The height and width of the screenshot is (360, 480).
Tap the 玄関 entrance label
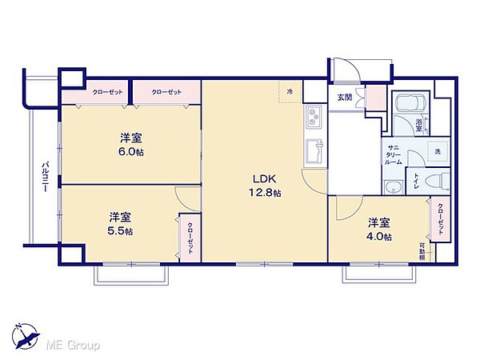point(344,98)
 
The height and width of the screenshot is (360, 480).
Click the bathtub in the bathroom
point(409,103)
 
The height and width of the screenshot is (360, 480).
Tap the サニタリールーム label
point(394,154)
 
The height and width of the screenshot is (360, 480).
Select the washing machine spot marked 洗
point(437,151)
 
